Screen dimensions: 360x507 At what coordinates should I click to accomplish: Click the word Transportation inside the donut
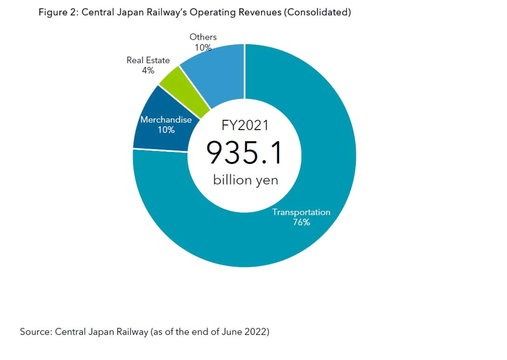(301, 212)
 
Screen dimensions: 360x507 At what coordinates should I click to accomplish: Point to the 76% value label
(301, 222)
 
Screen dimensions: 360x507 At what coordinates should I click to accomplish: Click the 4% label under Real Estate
(148, 70)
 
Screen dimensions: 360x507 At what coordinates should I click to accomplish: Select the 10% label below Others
(203, 47)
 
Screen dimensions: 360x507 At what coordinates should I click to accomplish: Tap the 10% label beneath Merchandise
(166, 130)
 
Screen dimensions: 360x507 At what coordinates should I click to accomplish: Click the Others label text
(203, 37)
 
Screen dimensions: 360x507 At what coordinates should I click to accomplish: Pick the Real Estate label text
(148, 60)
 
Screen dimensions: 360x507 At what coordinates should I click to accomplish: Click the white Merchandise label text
(166, 120)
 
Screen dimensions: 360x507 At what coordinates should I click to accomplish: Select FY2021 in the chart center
(245, 125)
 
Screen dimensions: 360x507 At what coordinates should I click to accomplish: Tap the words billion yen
(246, 180)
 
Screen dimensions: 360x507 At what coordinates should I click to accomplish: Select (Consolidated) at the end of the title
(317, 12)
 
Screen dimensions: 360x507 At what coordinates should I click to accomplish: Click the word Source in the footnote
(36, 332)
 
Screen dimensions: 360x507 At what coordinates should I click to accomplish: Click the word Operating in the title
(213, 12)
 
